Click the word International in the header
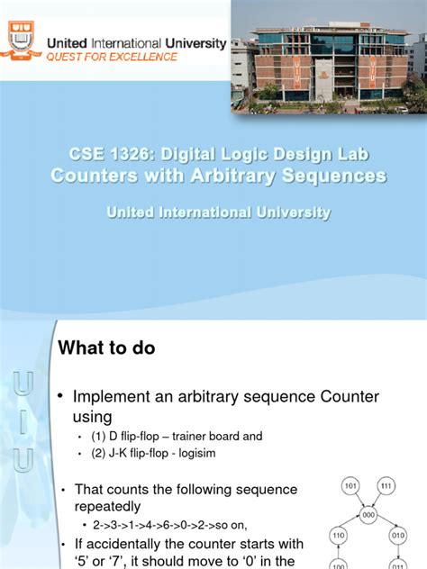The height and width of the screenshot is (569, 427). pos(122,41)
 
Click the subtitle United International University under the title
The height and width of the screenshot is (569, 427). pos(218,212)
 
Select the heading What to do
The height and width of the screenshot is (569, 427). pos(107,348)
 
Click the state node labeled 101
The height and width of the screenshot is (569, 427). pos(351,486)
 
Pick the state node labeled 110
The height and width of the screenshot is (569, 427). pos(339,535)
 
